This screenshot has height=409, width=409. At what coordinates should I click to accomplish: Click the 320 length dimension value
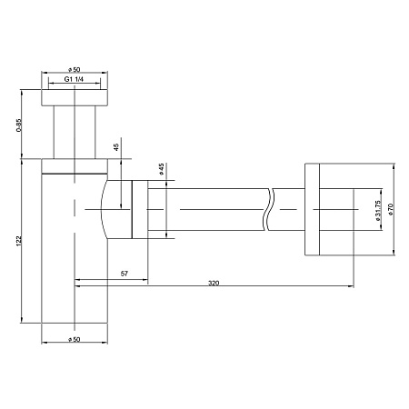[x=214, y=283]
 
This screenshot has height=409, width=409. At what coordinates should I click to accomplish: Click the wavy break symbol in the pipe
[x=270, y=210]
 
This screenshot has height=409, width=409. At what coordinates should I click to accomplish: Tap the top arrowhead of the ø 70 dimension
[x=394, y=167]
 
